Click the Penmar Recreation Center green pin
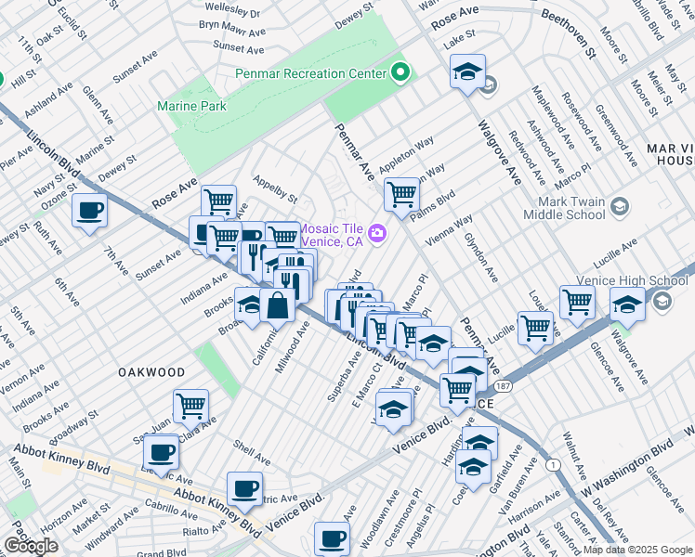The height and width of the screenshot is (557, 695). (401, 71)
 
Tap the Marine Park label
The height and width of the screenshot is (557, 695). (192, 107)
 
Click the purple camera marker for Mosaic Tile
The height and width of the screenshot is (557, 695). (377, 232)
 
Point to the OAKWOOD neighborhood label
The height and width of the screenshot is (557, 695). (151, 371)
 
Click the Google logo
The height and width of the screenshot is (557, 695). (31, 546)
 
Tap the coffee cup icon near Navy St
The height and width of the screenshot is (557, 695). (90, 211)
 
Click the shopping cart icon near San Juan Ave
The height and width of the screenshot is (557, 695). (190, 405)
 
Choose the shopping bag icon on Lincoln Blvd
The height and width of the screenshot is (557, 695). (278, 304)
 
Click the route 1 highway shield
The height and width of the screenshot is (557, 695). (555, 464)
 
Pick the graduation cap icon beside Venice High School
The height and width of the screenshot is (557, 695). (627, 304)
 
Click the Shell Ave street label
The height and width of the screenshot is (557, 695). (251, 450)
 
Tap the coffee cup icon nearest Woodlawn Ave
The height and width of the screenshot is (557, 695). (332, 538)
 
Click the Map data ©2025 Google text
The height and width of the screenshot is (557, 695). (636, 550)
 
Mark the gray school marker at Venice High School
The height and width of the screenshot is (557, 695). (662, 300)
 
